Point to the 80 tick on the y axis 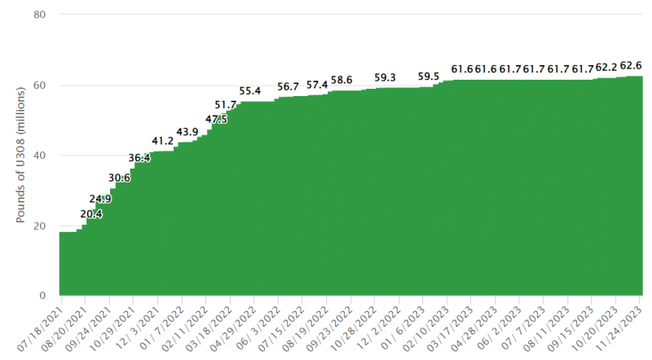pos(39,15)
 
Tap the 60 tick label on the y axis pos(39,86)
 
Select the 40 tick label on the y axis pos(39,156)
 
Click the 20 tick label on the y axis pos(39,226)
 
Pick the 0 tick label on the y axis pos(42,296)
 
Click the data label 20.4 pos(91,214)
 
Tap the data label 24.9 pos(100,199)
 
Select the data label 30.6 pos(119,178)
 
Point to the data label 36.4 pos(139,158)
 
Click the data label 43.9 pos(187,132)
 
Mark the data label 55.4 pos(250,90)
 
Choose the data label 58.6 pos(341,80)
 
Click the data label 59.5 pos(429,77)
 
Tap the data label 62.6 pos(631,66)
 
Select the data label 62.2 pos(606,67)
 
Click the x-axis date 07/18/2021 pos(42,329)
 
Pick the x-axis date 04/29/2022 pos(234,329)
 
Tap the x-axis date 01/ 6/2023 pos(403,329)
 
